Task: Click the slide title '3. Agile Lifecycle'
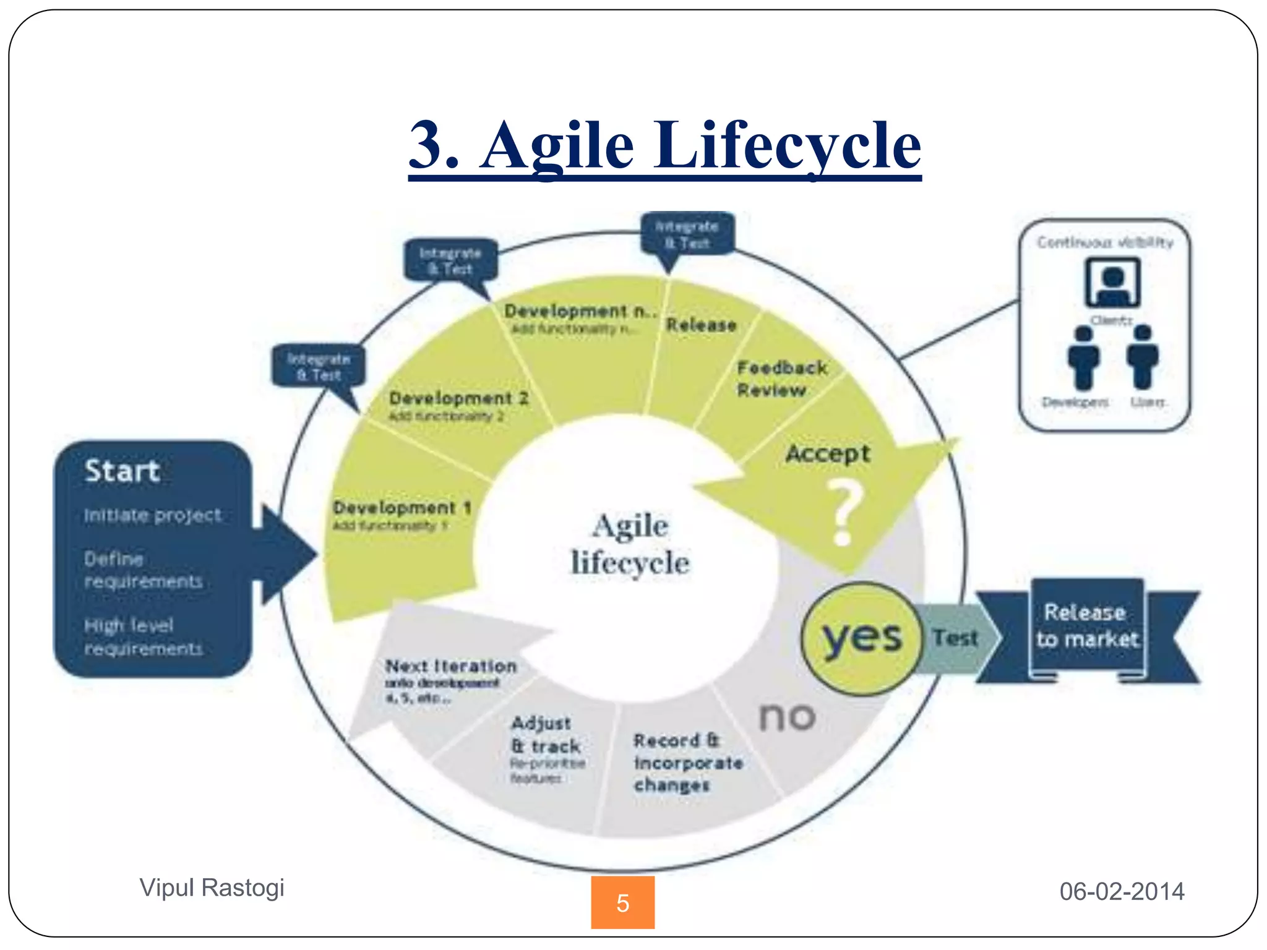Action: [x=665, y=146]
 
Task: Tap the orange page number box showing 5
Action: [x=622, y=902]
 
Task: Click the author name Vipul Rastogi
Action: [x=212, y=888]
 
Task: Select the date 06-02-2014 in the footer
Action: [x=1122, y=891]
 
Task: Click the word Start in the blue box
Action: [x=122, y=471]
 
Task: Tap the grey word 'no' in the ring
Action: [x=787, y=717]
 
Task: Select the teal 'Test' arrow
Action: [x=956, y=638]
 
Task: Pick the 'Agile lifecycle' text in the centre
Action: [x=630, y=544]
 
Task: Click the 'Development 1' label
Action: [x=402, y=508]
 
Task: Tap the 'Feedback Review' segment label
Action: [x=781, y=379]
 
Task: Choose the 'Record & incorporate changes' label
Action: [x=687, y=763]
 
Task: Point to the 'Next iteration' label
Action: [x=451, y=667]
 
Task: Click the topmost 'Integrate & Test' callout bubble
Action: [x=687, y=234]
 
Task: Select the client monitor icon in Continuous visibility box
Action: [x=1112, y=283]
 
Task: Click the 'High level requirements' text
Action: [x=143, y=637]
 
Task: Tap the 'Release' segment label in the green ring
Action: [x=701, y=325]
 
